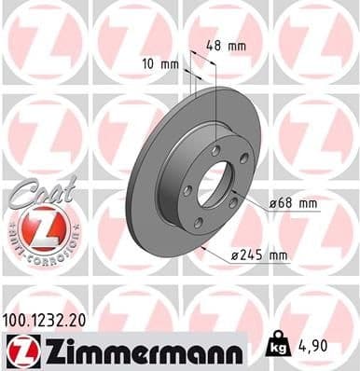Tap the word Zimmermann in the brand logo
tap(139, 350)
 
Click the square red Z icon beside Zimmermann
tap(21, 350)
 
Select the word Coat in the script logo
tap(35, 190)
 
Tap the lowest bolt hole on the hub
tap(198, 221)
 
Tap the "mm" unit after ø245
tap(277, 254)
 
